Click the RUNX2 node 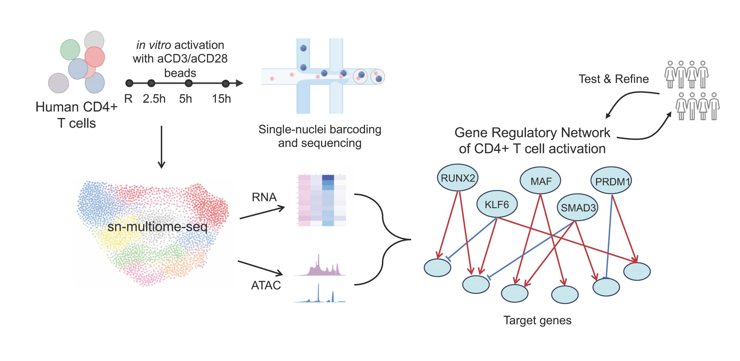click(x=458, y=178)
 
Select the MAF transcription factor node click(x=540, y=181)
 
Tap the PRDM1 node click(x=611, y=181)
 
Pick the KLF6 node click(x=497, y=204)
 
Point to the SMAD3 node click(x=578, y=207)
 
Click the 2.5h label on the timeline click(x=154, y=99)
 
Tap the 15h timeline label click(x=221, y=99)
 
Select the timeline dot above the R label click(x=129, y=83)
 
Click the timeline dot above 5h click(x=188, y=83)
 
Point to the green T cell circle click(x=70, y=50)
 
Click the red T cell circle click(x=95, y=57)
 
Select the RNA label click(x=264, y=197)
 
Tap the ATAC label click(x=266, y=285)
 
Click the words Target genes click(x=537, y=320)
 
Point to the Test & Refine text click(x=613, y=79)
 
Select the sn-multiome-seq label click(x=157, y=227)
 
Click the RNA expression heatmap click(x=322, y=200)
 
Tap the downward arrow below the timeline click(x=162, y=147)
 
